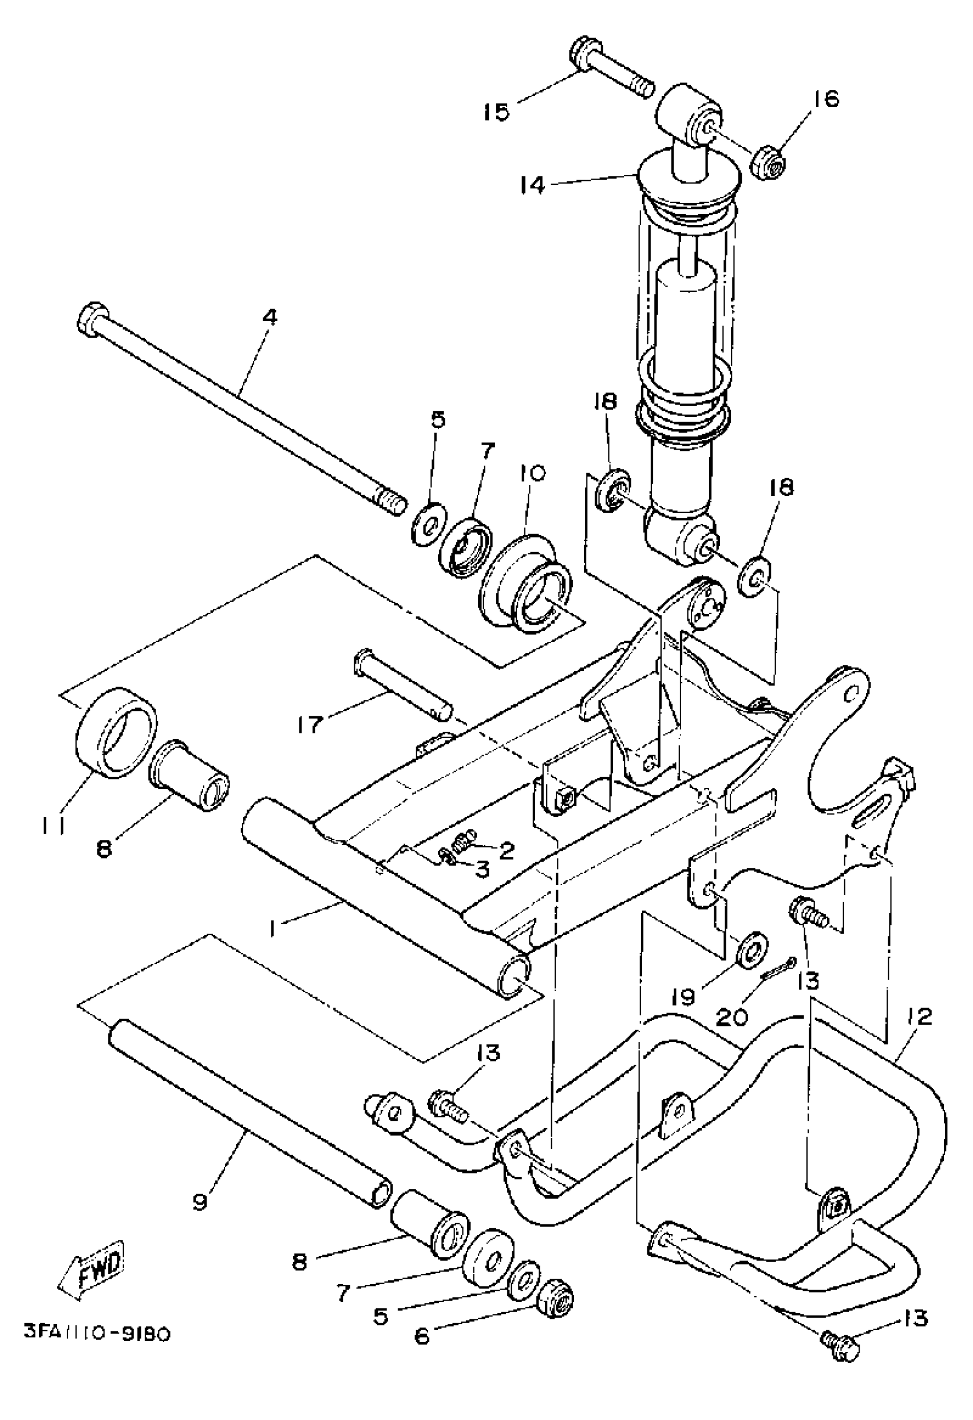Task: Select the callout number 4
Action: pos(270,317)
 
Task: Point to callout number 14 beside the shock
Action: pos(532,186)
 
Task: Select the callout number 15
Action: pos(496,112)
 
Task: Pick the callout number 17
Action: pos(309,725)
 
